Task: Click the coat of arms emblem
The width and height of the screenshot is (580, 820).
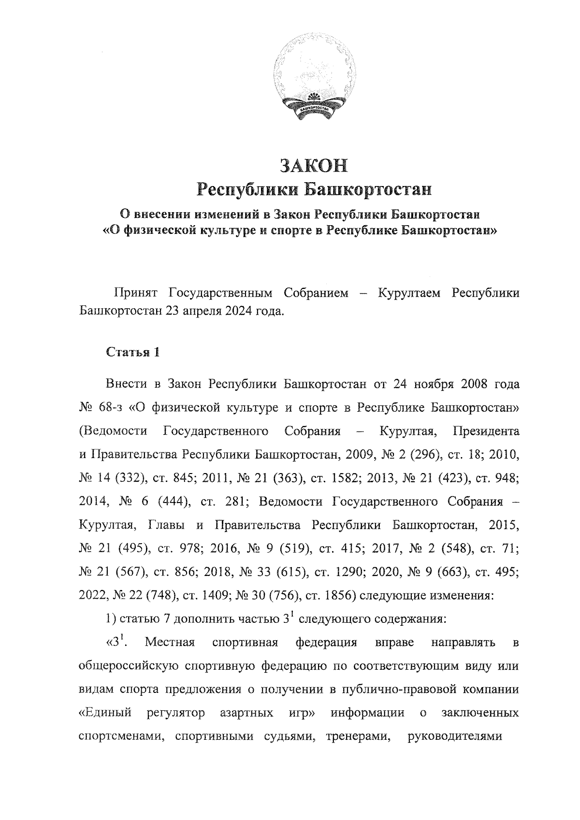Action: [x=314, y=81]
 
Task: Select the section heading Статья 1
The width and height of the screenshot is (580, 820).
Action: [x=132, y=352]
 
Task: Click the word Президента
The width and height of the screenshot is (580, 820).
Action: [x=486, y=431]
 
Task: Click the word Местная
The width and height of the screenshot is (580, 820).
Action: [x=170, y=642]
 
